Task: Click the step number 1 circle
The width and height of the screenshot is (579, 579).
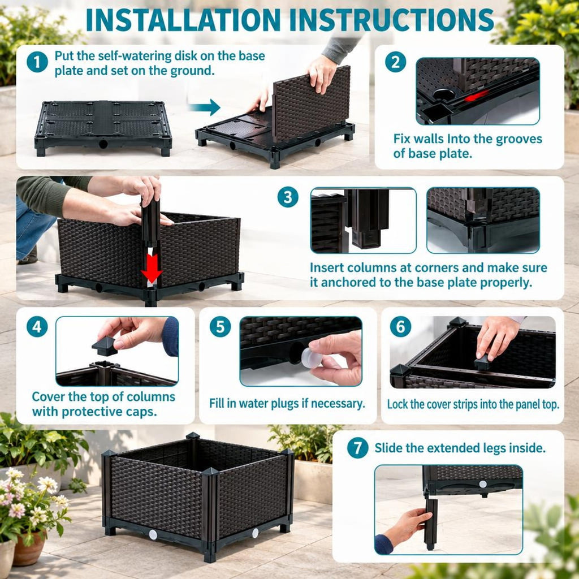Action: pos(37,62)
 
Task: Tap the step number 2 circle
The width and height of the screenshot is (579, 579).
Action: pos(395,62)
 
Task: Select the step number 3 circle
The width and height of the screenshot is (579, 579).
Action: pos(288,197)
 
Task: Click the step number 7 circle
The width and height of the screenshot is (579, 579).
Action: pos(358,448)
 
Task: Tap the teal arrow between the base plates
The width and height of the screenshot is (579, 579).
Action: pos(204,107)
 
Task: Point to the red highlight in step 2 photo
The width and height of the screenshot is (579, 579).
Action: pos(476,96)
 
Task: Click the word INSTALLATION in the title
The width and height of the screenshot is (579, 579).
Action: pos(183,20)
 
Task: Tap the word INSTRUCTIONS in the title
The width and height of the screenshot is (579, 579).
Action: pos(392,20)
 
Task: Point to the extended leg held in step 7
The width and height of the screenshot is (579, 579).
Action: pos(431,524)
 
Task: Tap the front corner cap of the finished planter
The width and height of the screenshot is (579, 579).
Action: pos(210,472)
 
